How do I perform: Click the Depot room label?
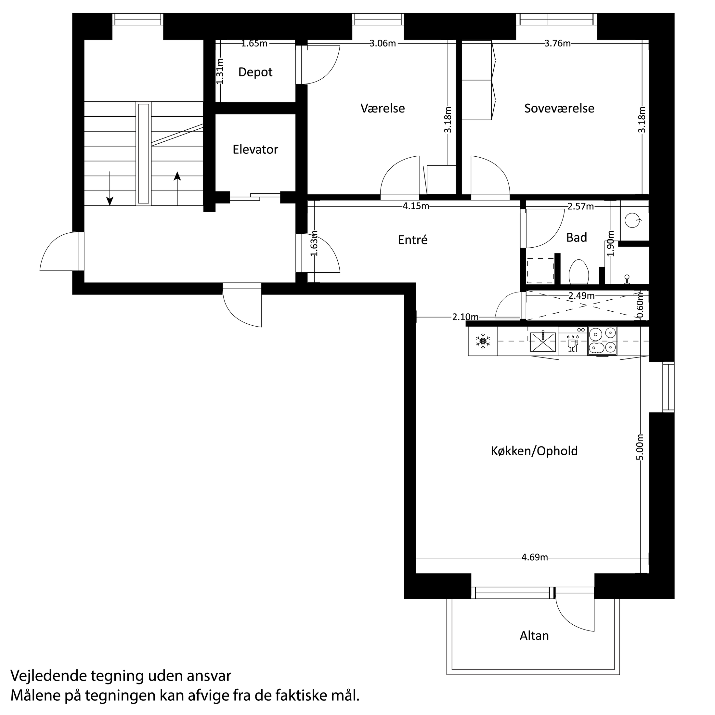(x=255, y=72)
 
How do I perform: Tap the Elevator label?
(x=255, y=149)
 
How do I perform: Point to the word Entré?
(x=412, y=240)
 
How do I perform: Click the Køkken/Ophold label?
(x=534, y=451)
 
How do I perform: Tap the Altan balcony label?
(x=534, y=636)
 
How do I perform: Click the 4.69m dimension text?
(x=534, y=557)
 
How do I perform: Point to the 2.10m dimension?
(x=465, y=317)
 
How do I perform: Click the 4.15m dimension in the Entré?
(x=416, y=206)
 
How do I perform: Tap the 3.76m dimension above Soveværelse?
(x=557, y=44)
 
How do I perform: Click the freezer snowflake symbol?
(x=483, y=341)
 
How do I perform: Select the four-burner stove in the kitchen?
(x=602, y=341)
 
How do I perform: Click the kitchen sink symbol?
(x=543, y=341)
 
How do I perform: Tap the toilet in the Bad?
(x=578, y=272)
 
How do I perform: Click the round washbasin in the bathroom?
(x=632, y=221)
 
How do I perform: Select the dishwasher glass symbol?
(x=572, y=344)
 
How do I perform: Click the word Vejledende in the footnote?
(x=47, y=676)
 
